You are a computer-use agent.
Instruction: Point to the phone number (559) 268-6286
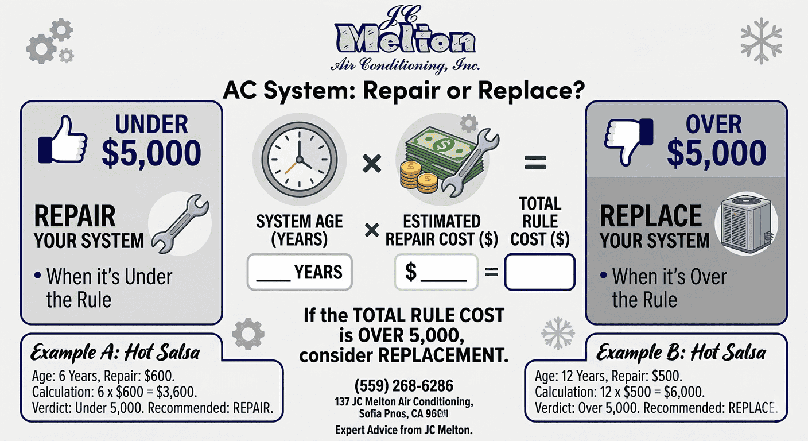click(x=403, y=385)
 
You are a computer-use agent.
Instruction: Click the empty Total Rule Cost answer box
click(x=539, y=272)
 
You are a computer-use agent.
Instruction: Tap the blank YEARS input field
click(x=300, y=272)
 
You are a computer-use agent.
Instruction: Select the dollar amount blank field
click(x=436, y=272)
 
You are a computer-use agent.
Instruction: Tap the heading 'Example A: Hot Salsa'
click(x=115, y=351)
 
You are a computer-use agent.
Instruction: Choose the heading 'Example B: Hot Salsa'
click(x=681, y=351)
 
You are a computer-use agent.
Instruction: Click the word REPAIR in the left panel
click(x=75, y=217)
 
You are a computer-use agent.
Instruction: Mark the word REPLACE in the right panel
click(x=650, y=216)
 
